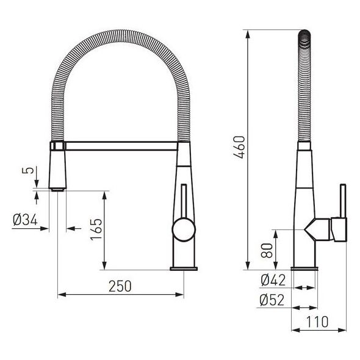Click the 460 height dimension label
(239, 147)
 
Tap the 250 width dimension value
(120, 286)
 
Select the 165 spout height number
(96, 229)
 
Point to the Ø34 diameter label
(25, 220)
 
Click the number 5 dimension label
(28, 171)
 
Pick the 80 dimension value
(267, 251)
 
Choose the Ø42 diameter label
(273, 280)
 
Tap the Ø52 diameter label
(272, 300)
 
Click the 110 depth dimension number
(317, 322)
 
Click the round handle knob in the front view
(184, 230)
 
